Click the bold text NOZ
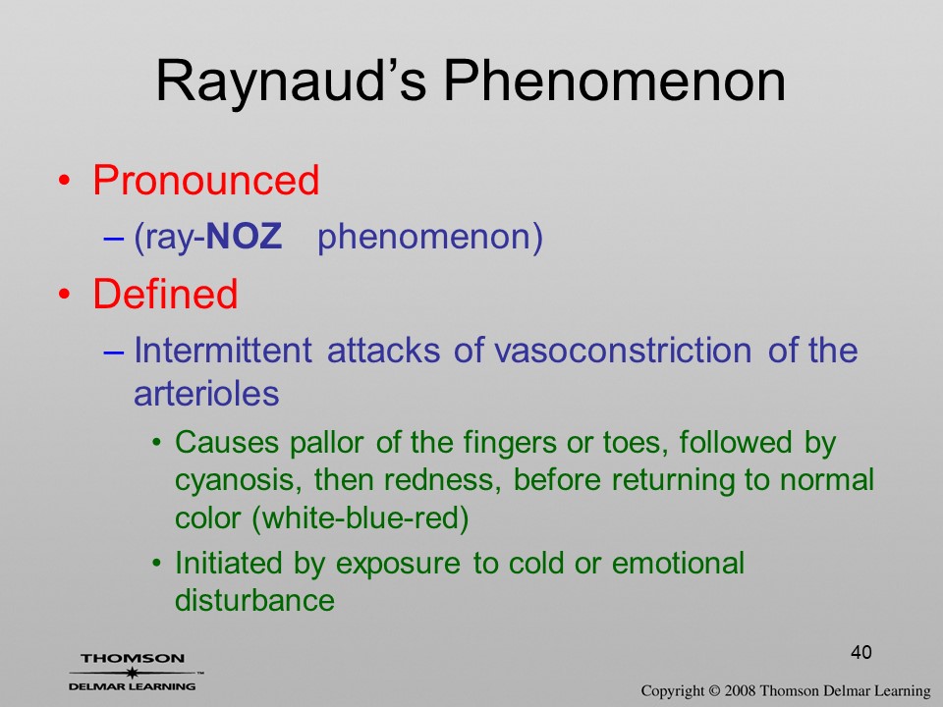pyautogui.click(x=244, y=236)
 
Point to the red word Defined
pyautogui.click(x=165, y=294)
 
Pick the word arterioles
pyautogui.click(x=206, y=393)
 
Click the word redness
pyautogui.click(x=443, y=480)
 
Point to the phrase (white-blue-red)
pyautogui.click(x=361, y=517)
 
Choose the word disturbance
pyautogui.click(x=254, y=600)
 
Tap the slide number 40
pyautogui.click(x=861, y=652)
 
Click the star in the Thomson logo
pyautogui.click(x=132, y=673)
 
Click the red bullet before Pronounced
pyautogui.click(x=65, y=181)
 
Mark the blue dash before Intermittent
pyautogui.click(x=113, y=352)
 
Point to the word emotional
pyautogui.click(x=678, y=564)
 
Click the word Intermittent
pyautogui.click(x=223, y=350)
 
